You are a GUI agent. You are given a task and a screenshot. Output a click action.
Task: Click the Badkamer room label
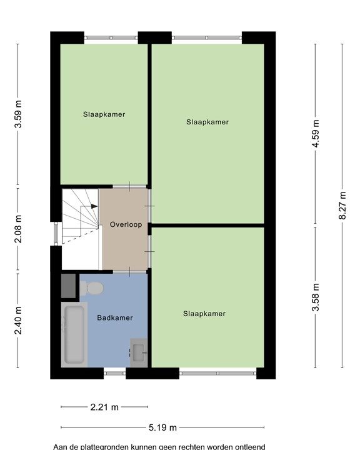[x=115, y=317]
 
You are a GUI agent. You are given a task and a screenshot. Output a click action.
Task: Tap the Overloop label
[x=126, y=224]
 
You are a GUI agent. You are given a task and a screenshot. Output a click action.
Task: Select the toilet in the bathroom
[x=91, y=288]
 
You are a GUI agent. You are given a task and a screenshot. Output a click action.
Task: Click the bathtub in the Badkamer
[x=74, y=334]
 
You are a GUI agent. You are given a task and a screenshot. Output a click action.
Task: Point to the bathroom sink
[x=139, y=352]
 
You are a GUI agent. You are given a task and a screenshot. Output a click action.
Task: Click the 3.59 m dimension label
[x=18, y=114]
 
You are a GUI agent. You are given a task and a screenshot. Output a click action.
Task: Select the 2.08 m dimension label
[x=18, y=229]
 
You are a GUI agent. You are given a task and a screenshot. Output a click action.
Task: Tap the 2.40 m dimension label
[x=18, y=320]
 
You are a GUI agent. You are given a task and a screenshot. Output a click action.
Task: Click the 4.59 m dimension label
[x=316, y=134]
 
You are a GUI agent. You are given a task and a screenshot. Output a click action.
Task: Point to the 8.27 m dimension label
[x=342, y=205]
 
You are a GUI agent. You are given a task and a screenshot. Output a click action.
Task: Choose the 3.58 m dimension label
[x=316, y=297]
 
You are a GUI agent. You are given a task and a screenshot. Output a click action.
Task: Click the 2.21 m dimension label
[x=104, y=407]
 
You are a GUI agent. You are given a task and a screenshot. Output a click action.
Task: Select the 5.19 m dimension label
[x=162, y=427]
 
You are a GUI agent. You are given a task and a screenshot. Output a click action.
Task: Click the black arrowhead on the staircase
[x=94, y=206]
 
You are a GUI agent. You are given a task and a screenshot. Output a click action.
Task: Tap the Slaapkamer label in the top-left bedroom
[x=104, y=114]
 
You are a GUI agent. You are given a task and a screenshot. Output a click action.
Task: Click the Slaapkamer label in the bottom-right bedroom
[x=204, y=313]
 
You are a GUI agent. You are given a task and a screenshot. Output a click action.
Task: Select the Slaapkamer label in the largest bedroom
[x=207, y=122]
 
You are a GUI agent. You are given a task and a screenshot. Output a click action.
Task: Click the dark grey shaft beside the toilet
[x=69, y=286]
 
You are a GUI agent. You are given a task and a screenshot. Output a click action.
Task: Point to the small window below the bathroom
[x=115, y=373]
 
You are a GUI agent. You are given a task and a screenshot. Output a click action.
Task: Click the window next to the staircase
[x=56, y=234]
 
